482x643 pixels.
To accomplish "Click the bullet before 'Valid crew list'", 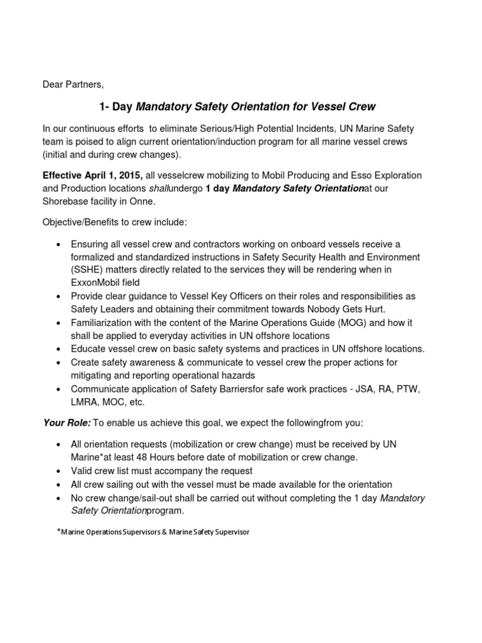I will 58,471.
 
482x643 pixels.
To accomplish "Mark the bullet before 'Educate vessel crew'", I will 58,349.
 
